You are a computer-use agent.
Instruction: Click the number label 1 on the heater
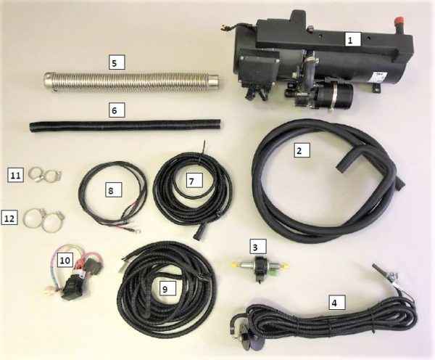350,40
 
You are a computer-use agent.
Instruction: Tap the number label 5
117,62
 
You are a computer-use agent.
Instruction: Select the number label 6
117,110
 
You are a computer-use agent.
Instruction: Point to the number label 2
302,150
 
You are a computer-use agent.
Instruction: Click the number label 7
194,180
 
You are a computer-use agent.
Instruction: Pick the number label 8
114,189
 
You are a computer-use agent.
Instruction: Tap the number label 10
65,260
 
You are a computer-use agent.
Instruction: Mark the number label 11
15,176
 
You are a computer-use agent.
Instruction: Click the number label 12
9,217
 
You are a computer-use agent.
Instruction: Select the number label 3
258,246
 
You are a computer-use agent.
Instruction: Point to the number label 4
337,302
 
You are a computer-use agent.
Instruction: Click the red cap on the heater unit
399,21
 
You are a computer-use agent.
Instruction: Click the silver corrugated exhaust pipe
131,82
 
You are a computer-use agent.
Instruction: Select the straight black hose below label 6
125,126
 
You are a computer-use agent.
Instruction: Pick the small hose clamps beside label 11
44,174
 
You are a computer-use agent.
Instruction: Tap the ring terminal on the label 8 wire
137,230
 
